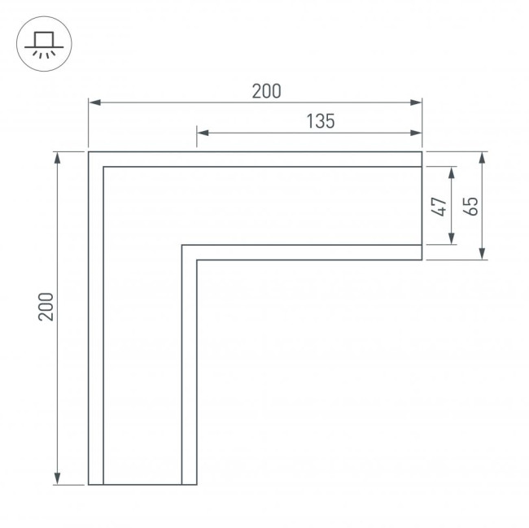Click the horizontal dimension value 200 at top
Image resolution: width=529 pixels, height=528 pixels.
[x=266, y=91]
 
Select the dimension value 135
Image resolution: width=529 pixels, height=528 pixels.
[x=321, y=122]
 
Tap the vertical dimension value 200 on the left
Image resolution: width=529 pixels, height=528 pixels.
[x=46, y=306]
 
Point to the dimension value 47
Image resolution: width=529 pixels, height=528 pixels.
[x=439, y=206]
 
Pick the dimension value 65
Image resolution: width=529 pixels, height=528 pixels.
[x=470, y=206]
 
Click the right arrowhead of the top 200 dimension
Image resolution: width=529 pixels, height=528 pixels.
[x=418, y=103]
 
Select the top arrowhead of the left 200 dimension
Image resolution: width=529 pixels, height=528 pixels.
[x=58, y=157]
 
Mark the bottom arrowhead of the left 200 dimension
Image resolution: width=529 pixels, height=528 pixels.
[x=58, y=479]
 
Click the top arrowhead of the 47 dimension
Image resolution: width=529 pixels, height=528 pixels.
[x=452, y=172]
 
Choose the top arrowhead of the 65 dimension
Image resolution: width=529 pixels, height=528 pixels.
[x=483, y=157]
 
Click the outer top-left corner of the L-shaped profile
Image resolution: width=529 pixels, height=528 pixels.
[x=89, y=152]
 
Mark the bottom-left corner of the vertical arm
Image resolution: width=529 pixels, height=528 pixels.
[x=89, y=484]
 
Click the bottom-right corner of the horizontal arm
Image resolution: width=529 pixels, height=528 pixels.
[x=422, y=260]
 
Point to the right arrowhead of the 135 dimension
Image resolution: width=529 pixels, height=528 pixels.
[x=418, y=133]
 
